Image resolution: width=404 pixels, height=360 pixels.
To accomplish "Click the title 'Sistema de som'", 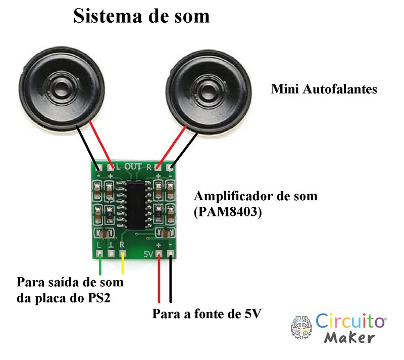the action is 141,16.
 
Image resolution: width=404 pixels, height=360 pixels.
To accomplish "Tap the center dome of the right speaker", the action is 209,91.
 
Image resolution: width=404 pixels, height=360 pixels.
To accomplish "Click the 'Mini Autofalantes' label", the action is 324,89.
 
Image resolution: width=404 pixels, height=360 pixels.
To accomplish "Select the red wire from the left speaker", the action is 101,145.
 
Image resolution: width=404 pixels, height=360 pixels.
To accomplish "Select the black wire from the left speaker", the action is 87,147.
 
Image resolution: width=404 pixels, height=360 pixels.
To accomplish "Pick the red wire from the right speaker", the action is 172,147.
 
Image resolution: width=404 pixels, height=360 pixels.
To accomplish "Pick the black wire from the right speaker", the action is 184,151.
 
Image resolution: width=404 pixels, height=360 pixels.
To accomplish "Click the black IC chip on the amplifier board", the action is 136,205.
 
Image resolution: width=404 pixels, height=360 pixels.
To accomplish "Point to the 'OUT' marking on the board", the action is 133,166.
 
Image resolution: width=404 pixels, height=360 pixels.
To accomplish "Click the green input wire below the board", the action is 100,264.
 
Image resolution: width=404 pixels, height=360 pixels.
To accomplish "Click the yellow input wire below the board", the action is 123,263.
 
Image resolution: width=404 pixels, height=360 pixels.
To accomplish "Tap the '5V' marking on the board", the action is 148,254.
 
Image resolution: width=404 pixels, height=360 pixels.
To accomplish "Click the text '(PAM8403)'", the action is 228,212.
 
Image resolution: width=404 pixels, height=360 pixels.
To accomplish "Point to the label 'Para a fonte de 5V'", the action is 207,314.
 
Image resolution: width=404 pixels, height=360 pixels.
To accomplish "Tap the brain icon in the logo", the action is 301,327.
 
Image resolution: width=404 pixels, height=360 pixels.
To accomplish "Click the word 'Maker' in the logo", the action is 349,338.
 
